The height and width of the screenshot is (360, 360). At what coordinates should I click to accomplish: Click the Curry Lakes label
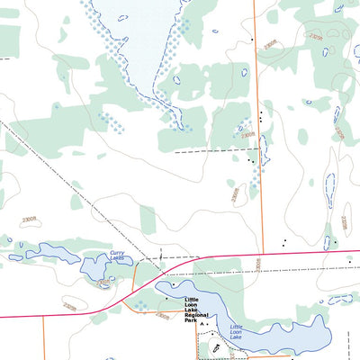[118, 256]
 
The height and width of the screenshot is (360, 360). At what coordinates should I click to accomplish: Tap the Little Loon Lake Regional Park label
[196, 309]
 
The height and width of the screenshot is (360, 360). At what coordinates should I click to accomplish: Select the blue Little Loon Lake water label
[237, 330]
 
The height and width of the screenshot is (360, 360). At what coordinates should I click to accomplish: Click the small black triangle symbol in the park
[202, 322]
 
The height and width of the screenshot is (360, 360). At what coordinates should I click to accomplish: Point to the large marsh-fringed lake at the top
[135, 36]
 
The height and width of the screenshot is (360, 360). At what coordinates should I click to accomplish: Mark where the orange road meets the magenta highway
[262, 255]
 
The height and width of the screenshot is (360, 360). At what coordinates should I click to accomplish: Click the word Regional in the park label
[196, 315]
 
